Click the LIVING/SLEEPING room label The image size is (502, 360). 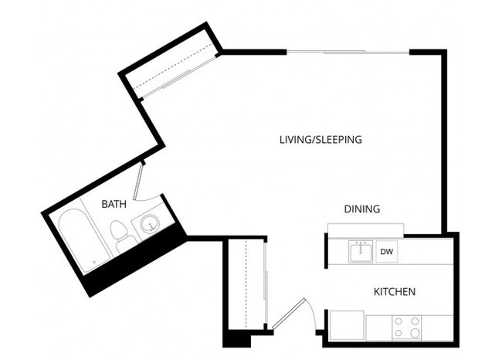coord(321,140)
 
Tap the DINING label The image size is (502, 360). coord(361,209)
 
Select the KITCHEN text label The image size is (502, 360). coord(395,292)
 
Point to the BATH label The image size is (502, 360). coord(114,204)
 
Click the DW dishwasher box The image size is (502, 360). coord(385,252)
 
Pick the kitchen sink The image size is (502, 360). coord(360,252)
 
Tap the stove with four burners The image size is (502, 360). coord(406,328)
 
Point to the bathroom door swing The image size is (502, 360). coord(139,182)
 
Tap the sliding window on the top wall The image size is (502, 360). coord(348,52)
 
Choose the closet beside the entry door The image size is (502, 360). coord(246,286)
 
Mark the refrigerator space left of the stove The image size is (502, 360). coord(347,324)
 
